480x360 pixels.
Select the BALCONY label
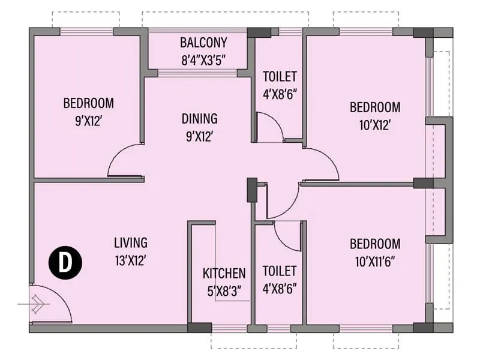coord(203,43)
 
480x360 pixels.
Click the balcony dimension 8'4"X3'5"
coord(203,60)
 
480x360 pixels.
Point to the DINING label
coord(199,119)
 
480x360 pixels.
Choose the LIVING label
coord(130,243)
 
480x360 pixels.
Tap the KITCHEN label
coord(224,274)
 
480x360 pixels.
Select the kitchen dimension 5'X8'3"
coord(224,291)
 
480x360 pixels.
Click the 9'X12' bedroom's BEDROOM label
coord(88,103)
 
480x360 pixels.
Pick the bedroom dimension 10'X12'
coord(375,125)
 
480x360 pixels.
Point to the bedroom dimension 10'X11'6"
coord(375,262)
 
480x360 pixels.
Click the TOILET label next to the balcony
coord(280,76)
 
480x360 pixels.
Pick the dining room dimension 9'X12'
coord(199,136)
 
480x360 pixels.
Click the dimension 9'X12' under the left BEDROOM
coord(88,120)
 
